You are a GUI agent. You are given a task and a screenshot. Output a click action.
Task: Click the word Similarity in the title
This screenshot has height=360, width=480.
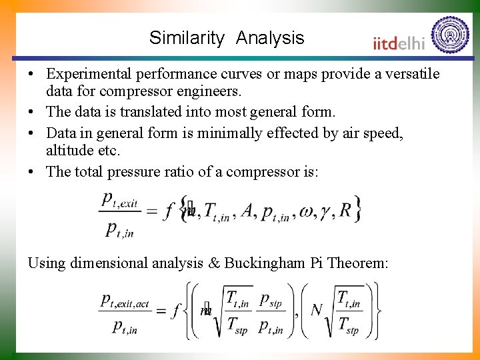point(187,38)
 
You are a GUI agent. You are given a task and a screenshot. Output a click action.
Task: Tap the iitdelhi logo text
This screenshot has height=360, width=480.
point(398,43)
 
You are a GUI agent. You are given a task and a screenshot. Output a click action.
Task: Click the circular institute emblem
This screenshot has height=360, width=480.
point(450,35)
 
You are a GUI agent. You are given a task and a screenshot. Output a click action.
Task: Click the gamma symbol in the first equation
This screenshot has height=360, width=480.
point(327,213)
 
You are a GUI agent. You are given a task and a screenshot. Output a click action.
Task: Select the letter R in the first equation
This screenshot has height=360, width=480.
point(345,211)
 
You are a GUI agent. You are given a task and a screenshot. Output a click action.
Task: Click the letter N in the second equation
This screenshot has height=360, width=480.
point(317,310)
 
